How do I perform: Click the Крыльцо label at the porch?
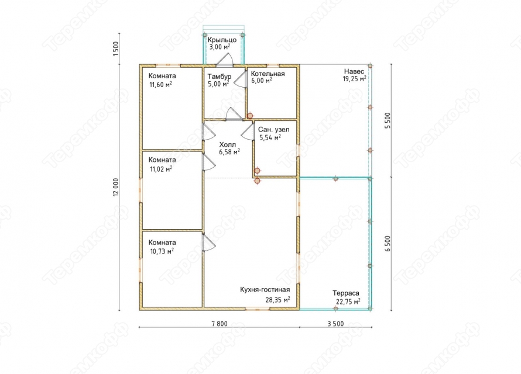point(222,40)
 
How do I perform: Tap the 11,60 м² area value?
point(161,85)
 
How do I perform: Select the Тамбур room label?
point(220,77)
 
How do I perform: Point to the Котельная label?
point(268,74)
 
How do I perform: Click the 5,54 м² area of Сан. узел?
point(270,137)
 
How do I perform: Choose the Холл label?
point(228,144)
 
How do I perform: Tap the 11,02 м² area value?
point(161,169)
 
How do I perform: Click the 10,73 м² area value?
point(162,251)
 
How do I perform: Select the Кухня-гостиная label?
point(265,289)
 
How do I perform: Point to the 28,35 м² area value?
point(277,300)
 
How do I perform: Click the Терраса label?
point(346,293)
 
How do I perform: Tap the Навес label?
point(354,71)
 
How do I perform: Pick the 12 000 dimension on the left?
point(116,188)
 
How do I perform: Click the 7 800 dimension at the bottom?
point(220,324)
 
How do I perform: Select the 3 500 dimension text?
point(335,324)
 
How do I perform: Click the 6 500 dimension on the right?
point(388,244)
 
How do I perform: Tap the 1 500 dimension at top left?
point(116,49)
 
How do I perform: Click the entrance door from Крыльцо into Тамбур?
point(225,60)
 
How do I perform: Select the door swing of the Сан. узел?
point(247,132)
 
